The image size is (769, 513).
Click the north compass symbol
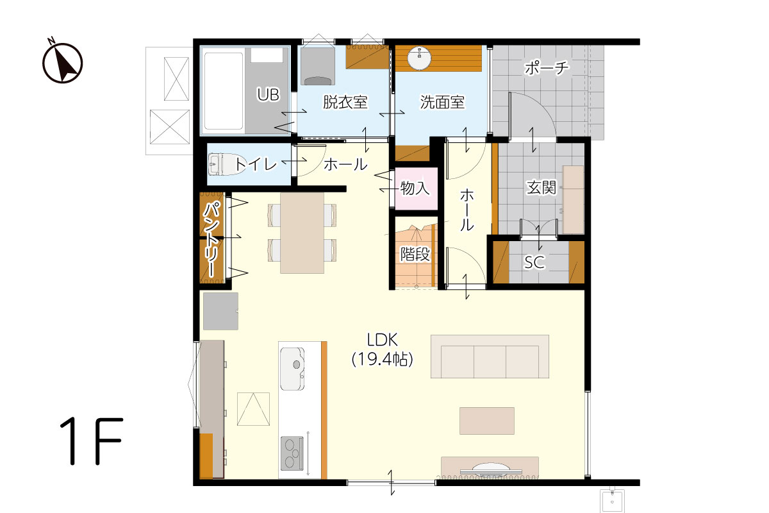click(x=62, y=61)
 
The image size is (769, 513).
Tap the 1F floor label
click(x=91, y=441)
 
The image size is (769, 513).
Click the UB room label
click(x=268, y=94)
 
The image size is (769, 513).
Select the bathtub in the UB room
click(x=223, y=91)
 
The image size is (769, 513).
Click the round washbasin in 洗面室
click(x=419, y=58)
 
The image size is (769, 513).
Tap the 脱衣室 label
click(x=345, y=102)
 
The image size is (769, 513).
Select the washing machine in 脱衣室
click(x=318, y=66)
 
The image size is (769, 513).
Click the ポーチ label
click(x=547, y=68)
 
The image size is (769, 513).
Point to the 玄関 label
click(x=541, y=188)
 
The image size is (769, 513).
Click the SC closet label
click(x=534, y=262)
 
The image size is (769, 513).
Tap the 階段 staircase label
click(x=415, y=255)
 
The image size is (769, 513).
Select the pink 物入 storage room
click(x=416, y=189)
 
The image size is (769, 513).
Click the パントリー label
click(x=211, y=240)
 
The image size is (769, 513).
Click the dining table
click(x=302, y=233)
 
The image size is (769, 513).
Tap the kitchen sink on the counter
click(x=292, y=369)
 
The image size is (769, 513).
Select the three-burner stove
click(x=292, y=453)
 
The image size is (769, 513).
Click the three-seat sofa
click(x=490, y=357)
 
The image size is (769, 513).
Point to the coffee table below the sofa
click(x=487, y=421)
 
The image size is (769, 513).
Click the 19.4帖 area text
click(x=382, y=360)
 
